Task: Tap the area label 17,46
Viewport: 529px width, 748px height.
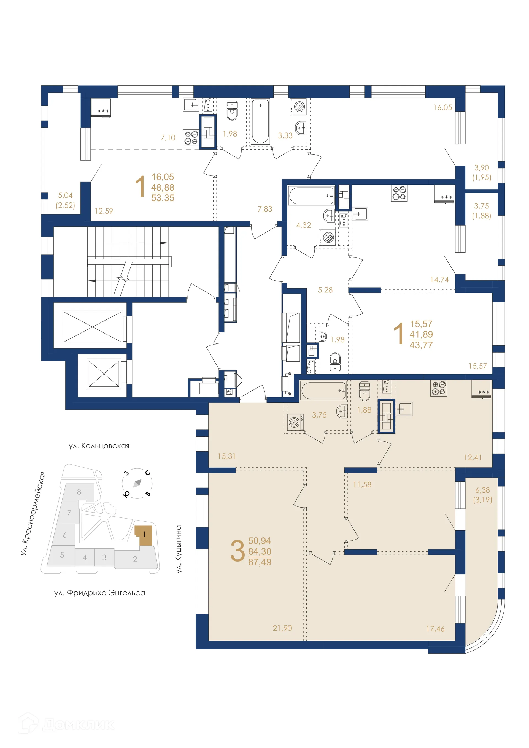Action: [x=435, y=628]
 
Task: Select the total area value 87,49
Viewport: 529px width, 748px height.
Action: [x=260, y=562]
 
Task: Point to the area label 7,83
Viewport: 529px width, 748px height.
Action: [x=265, y=209]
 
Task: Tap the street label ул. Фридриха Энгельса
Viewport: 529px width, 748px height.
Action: [x=99, y=593]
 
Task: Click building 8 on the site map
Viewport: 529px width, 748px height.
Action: [x=79, y=492]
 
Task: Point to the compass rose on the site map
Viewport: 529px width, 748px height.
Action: [x=137, y=483]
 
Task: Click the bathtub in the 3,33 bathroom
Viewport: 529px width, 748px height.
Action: [x=260, y=121]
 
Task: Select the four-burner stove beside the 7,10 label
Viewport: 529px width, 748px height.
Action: [x=191, y=137]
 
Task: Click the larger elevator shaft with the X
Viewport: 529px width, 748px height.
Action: [x=92, y=327]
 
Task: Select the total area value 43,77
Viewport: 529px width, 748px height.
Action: [x=421, y=345]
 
